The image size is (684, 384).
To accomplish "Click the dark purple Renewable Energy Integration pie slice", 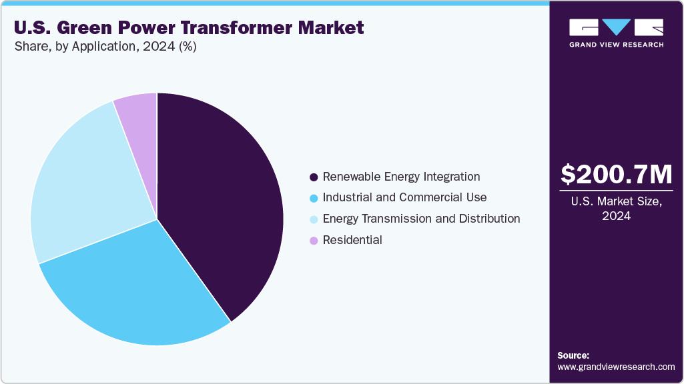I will coord(220,200).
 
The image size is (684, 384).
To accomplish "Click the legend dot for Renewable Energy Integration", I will coord(313,177).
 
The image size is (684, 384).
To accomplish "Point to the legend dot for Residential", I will coord(313,241).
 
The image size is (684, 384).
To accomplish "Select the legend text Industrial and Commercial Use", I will coord(404,197).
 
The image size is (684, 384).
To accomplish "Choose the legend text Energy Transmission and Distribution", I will coord(421,219).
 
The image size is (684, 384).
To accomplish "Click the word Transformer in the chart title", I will coord(246,28).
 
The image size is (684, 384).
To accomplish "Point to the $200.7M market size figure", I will coord(616,175).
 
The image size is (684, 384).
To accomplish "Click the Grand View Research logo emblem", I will coord(616,27).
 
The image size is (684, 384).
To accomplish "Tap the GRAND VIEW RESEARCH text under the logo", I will coord(616,45).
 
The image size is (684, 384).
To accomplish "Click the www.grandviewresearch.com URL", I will coord(616,367).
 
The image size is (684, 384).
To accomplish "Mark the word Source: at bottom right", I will coord(573,355).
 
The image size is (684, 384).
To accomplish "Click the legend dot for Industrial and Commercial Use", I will coord(313,199).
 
